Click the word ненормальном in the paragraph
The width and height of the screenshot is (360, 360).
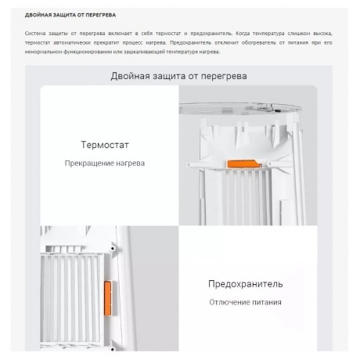tap(44, 52)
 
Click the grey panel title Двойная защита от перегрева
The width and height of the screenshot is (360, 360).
tap(180, 76)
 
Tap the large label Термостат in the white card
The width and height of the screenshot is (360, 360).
tap(104, 145)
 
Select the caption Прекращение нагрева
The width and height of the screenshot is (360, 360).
tap(104, 163)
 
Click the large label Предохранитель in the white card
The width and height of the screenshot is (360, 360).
tap(246, 283)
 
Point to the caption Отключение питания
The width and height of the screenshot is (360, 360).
tap(246, 301)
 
